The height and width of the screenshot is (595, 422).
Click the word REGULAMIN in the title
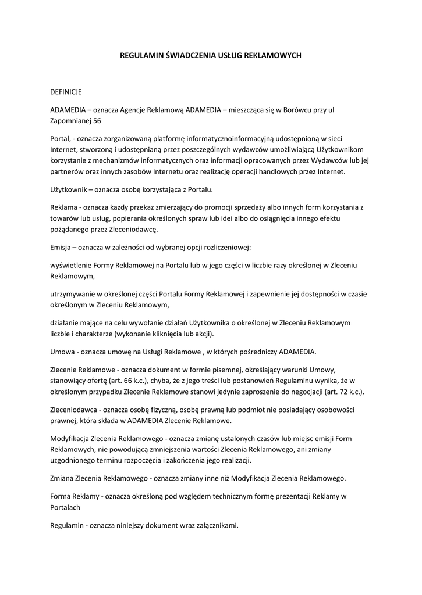click(x=139, y=56)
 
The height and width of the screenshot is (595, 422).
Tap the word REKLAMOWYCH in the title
click(x=273, y=56)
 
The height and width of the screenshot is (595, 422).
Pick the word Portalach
click(x=66, y=507)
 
